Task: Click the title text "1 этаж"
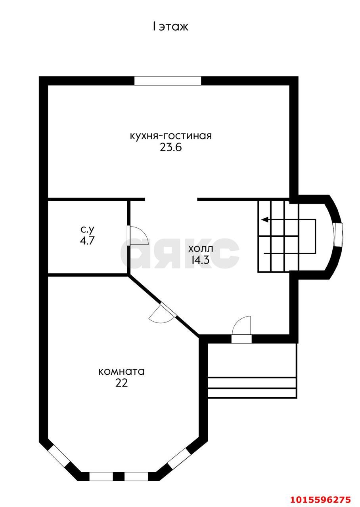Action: (170, 27)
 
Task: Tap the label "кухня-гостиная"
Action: (171, 136)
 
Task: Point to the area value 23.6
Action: (171, 148)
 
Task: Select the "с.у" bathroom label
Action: (87, 230)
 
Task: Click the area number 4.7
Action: (87, 240)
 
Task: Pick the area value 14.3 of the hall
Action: (200, 260)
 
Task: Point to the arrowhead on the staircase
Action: (264, 219)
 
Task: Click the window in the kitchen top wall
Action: (168, 81)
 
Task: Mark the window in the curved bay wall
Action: (338, 234)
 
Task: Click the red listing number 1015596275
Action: (321, 499)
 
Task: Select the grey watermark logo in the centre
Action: (180, 253)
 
